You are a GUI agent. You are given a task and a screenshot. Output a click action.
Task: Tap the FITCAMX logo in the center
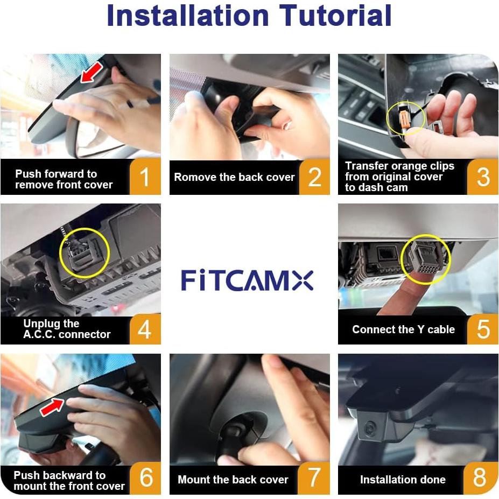[247, 280]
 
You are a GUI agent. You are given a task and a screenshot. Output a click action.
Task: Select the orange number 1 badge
[145, 177]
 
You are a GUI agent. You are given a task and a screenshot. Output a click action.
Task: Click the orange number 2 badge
[314, 177]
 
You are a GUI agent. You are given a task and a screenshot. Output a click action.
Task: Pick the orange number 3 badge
[483, 177]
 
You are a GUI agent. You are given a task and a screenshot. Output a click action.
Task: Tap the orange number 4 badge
[145, 329]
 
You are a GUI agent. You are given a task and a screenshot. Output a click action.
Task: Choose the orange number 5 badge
[483, 329]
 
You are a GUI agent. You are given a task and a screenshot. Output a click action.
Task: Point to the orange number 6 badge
[145, 479]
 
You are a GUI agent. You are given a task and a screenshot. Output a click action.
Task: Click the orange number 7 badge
[314, 479]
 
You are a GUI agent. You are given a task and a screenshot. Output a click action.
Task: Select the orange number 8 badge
[483, 479]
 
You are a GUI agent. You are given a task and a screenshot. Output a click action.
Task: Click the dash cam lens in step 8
[370, 429]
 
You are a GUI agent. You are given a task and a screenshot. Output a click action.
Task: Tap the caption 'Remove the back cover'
[234, 177]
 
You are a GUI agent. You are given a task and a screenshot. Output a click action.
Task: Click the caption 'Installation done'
[403, 480]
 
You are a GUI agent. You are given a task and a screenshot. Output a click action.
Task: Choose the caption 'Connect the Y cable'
[403, 329]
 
